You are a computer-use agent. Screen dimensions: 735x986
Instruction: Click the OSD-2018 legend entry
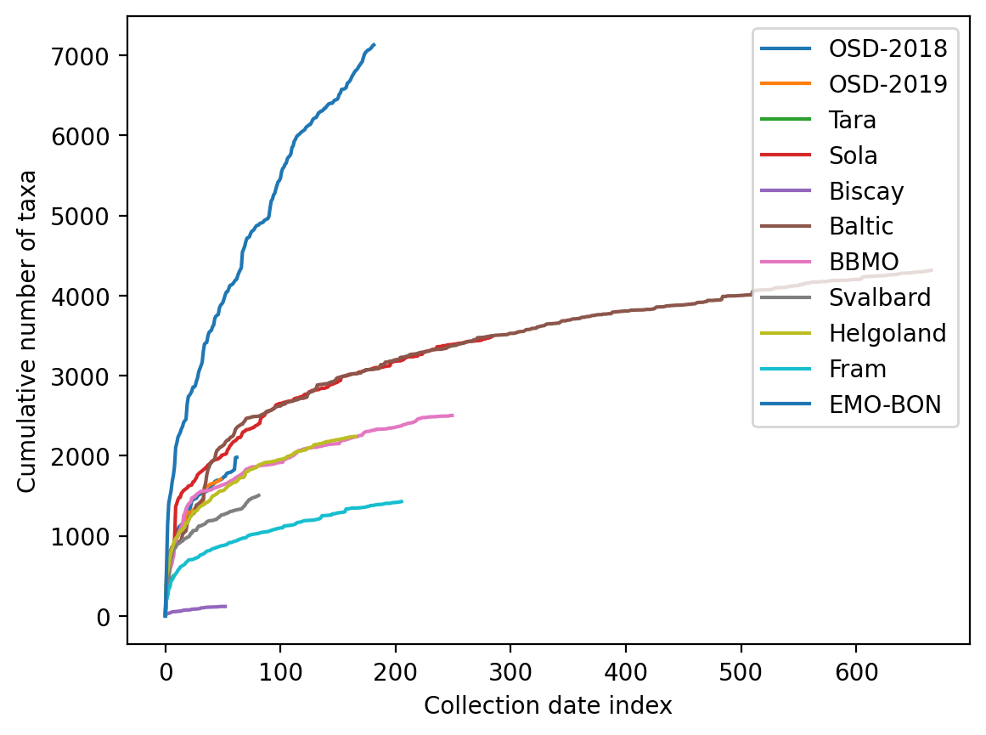point(887,48)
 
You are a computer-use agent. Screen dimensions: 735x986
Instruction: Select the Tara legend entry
point(853,120)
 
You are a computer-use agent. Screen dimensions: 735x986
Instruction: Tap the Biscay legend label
point(866,191)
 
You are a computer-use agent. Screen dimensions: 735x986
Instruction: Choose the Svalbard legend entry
point(878,297)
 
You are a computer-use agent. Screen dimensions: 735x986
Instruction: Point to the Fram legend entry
point(858,369)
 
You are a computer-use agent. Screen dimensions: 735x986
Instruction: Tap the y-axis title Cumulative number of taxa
point(27,331)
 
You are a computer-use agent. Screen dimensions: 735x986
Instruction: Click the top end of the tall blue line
point(374,45)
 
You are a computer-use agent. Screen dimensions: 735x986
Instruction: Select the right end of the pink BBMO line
point(453,416)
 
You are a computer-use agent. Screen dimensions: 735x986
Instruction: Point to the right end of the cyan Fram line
point(402,501)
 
